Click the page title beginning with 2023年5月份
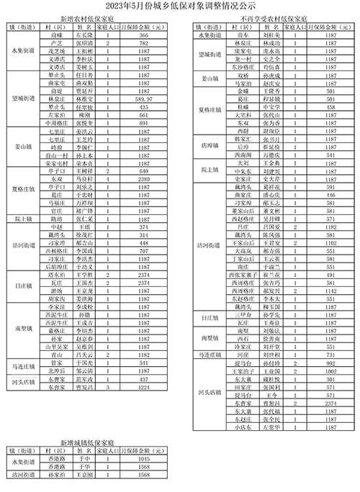point(180,9)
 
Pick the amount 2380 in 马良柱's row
point(144,179)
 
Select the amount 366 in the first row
point(144,35)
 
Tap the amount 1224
point(144,386)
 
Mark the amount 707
point(144,250)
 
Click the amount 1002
point(330,370)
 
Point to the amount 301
point(330,378)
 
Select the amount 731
point(330,355)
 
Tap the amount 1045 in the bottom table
point(143,458)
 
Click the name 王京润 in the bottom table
point(86,475)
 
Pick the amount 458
point(330,106)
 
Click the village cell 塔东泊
point(54,275)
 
